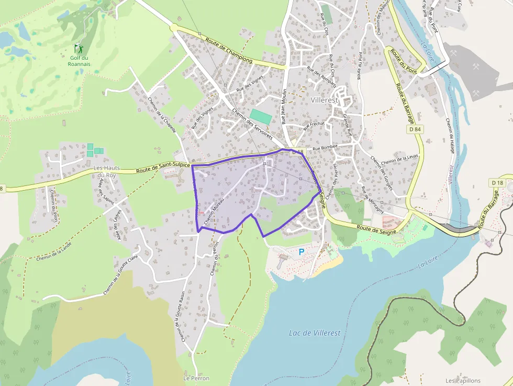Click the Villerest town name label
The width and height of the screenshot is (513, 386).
[326, 100]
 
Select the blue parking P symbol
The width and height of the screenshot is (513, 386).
[302, 252]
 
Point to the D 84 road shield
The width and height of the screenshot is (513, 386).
[415, 128]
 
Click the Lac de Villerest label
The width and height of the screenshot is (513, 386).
[315, 333]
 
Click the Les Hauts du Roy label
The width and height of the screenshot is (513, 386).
[107, 171]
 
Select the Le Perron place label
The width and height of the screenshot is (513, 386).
[196, 378]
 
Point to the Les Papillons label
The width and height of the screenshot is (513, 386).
[463, 381]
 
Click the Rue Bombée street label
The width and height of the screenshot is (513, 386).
[326, 148]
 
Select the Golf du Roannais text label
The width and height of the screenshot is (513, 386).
[79, 61]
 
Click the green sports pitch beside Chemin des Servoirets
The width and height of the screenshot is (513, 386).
[261, 116]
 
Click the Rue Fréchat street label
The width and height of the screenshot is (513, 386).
[314, 126]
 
